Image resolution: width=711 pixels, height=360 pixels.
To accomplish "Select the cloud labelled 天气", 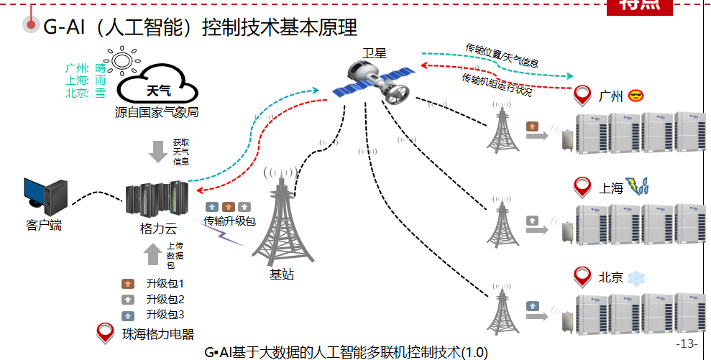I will click(x=158, y=88).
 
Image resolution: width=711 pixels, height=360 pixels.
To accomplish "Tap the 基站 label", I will click(x=281, y=274).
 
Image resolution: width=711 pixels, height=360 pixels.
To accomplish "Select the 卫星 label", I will click(x=375, y=52).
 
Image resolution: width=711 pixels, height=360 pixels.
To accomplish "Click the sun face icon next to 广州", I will click(x=636, y=96).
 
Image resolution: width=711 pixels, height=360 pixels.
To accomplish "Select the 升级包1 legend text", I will click(x=165, y=284).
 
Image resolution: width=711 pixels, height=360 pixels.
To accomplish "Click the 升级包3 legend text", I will click(x=165, y=315).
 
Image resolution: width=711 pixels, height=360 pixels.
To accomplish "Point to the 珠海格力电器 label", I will click(x=158, y=334).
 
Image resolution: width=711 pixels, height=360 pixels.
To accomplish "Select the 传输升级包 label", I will click(x=229, y=221).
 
